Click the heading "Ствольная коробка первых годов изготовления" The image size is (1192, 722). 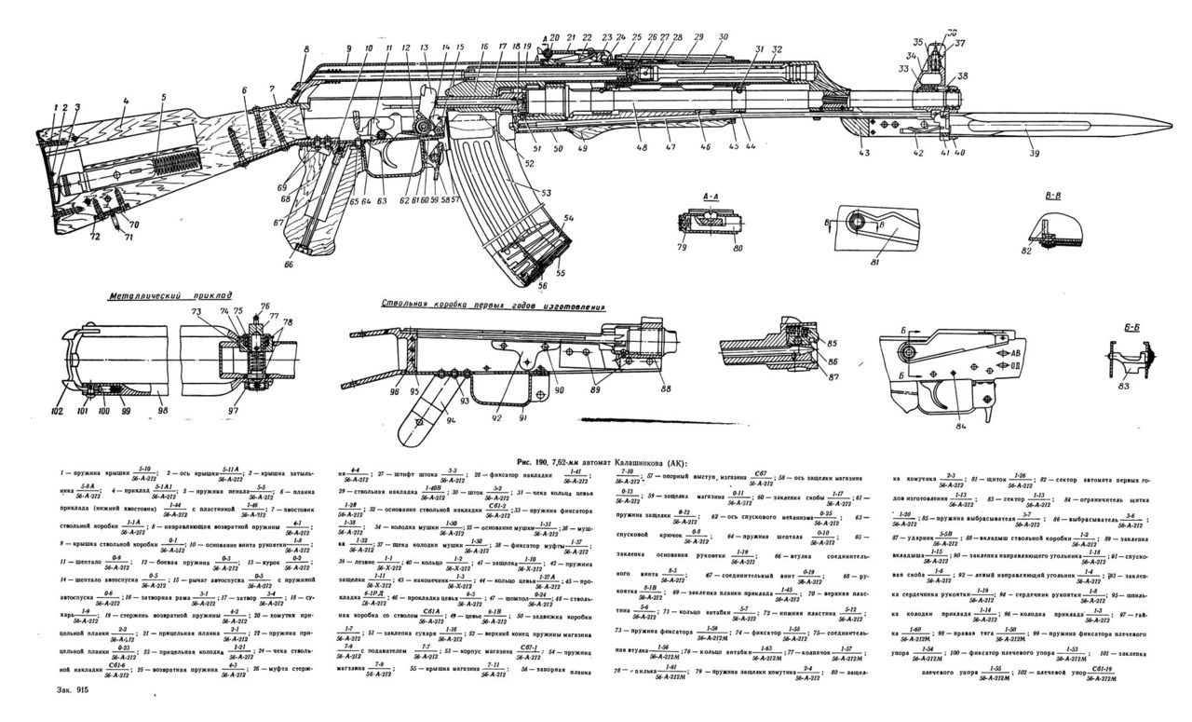pos(493,306)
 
